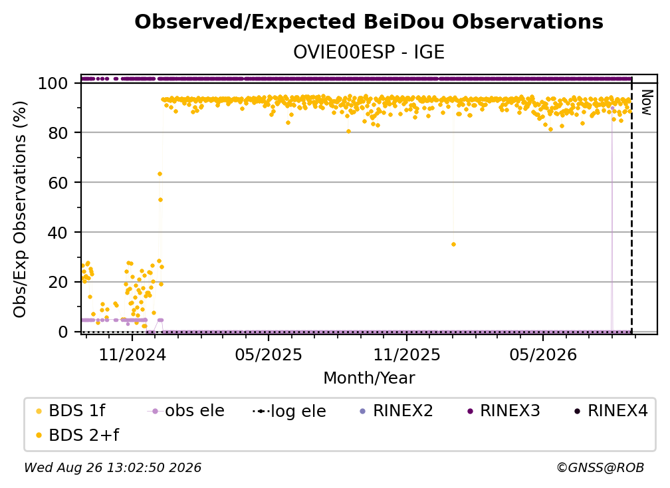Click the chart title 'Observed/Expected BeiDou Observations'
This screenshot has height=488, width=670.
pos(369,22)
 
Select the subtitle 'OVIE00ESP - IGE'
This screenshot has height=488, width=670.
pos(369,52)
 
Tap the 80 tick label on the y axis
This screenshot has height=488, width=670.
pos(58,133)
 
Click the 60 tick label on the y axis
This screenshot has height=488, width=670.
pos(58,182)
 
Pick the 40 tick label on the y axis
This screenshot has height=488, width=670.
pos(58,233)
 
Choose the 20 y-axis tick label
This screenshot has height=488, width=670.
pos(58,282)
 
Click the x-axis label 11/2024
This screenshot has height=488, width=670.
pos(132,354)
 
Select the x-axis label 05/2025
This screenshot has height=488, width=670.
pos(269,354)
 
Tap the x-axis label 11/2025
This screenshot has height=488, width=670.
pos(406,354)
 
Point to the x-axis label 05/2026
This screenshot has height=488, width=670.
pos(542,354)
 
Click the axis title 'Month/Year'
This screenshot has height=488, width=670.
pos(369,378)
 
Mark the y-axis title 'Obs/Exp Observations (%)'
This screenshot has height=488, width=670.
pos(20,209)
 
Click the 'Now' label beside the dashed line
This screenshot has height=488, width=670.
pos(647,102)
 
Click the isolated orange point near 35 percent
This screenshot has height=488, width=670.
pos(453,245)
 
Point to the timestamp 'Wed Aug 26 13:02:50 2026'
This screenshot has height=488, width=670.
pos(112,467)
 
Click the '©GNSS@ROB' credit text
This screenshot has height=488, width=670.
pos(600,467)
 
